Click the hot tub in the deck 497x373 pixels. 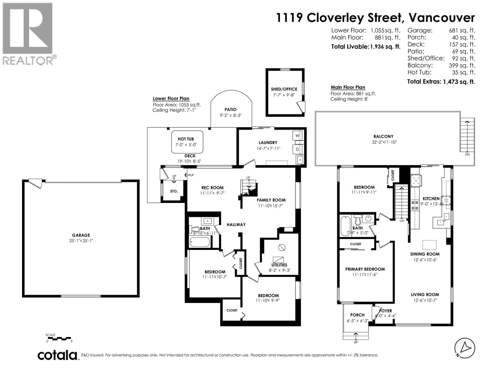187,142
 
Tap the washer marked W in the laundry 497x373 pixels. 297,136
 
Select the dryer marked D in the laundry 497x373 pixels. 297,150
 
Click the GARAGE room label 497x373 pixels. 81,235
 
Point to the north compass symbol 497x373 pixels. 465,348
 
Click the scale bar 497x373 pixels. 59,338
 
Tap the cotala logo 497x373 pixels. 57,355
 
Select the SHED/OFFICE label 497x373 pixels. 284,89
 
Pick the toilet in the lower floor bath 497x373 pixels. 194,229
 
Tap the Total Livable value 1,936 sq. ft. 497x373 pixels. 385,47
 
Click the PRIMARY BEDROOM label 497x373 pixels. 365,269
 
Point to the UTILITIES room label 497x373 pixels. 279,265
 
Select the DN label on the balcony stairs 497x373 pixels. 467,154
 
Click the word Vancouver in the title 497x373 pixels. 441,18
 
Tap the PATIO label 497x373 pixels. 230,109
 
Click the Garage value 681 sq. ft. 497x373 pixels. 462,30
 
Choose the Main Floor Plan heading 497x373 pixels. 348,87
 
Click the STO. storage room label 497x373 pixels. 174,191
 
